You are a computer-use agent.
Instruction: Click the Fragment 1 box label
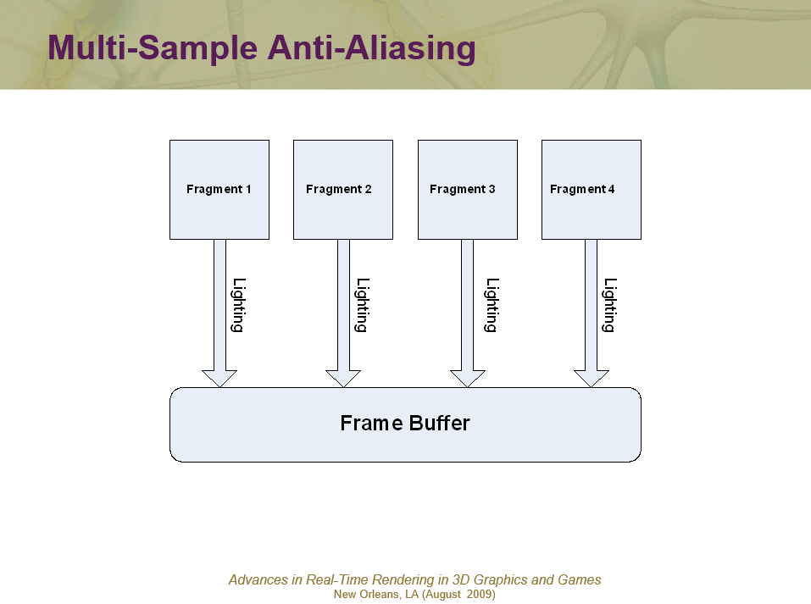click(219, 189)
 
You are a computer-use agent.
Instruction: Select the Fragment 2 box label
click(339, 189)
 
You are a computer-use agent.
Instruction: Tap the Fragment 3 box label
click(463, 189)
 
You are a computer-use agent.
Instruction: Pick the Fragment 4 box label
click(582, 189)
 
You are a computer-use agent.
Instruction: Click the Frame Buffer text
click(405, 423)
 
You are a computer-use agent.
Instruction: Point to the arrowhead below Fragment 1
click(219, 378)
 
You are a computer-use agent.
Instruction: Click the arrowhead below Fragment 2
click(343, 378)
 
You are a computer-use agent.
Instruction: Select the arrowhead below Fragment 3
click(468, 378)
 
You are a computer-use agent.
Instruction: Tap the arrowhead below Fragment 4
click(592, 378)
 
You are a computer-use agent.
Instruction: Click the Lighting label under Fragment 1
click(238, 305)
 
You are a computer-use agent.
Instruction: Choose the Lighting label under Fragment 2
click(362, 305)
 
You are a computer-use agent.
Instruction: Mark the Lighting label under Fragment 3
click(492, 305)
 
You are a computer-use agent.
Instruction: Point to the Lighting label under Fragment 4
click(610, 305)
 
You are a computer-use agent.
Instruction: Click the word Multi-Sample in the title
click(153, 48)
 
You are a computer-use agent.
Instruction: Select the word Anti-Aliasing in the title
click(371, 48)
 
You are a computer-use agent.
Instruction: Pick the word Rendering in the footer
click(403, 580)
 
